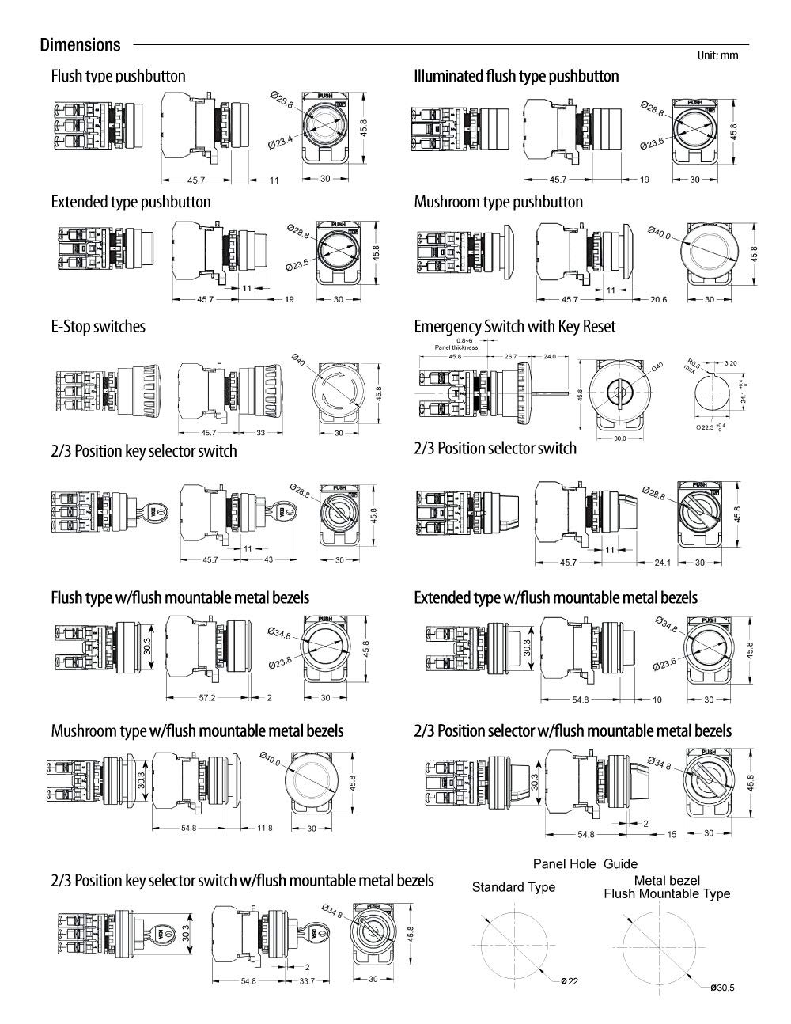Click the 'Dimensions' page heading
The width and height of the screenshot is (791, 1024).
coord(80,45)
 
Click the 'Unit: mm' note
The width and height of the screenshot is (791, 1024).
coord(717,55)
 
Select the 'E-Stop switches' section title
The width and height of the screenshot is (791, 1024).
coord(98,326)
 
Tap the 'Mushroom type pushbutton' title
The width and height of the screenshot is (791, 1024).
coord(498,202)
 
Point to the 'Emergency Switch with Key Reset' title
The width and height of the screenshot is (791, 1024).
coord(514,326)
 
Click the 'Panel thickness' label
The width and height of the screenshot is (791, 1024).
coord(457,347)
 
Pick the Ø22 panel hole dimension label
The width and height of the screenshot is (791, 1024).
coord(570,981)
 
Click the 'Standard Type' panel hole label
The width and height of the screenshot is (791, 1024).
coord(513,887)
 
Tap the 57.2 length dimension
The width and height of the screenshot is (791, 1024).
coord(207,698)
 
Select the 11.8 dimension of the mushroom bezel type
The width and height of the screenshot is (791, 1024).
coord(264,828)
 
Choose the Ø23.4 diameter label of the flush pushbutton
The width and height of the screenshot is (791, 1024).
coord(280,142)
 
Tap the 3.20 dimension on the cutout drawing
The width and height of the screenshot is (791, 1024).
coord(730,362)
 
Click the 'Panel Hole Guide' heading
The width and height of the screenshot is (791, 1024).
coord(585,864)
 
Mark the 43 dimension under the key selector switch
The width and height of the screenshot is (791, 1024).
coord(269,559)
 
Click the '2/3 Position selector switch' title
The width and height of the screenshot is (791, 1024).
coord(495,448)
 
